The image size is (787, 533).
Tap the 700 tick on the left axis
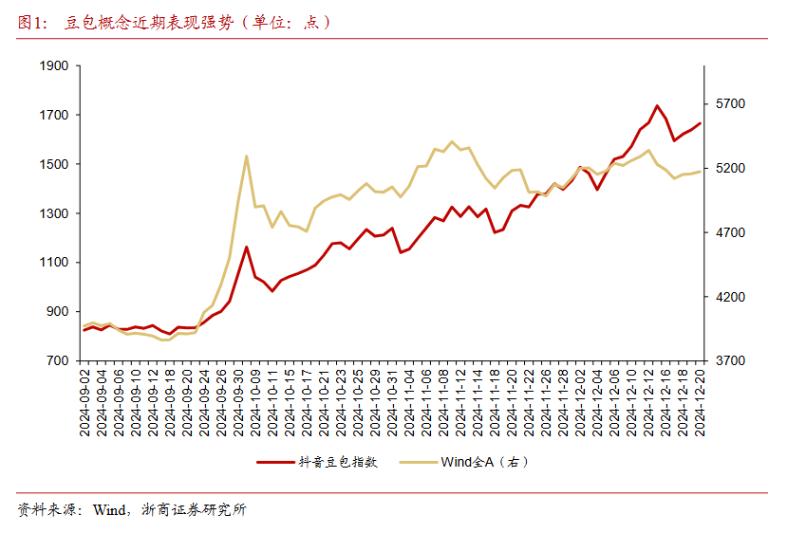[x=58, y=361]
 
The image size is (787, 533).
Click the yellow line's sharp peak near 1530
[x=247, y=156]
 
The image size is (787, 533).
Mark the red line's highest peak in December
[x=657, y=105]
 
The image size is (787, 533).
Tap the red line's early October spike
[x=247, y=247]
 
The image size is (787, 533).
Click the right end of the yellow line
[x=701, y=172]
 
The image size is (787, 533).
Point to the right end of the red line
[x=701, y=122]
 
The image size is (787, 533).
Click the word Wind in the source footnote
[x=111, y=510]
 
